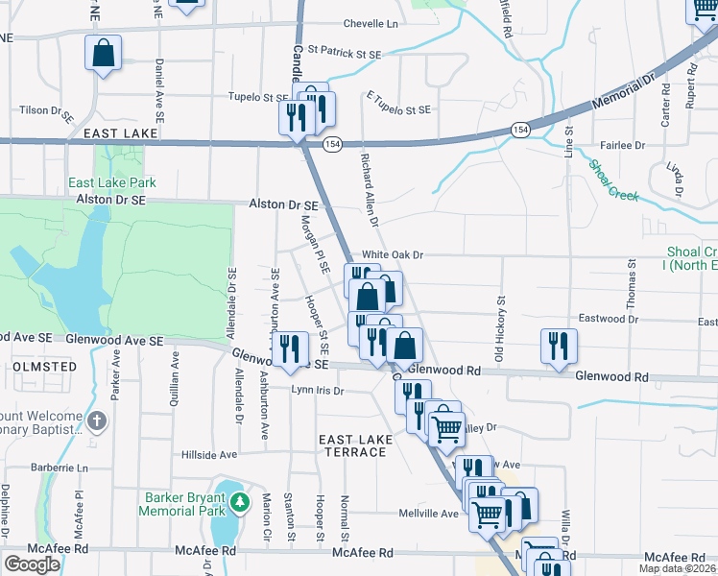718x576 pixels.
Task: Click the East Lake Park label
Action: point(111,182)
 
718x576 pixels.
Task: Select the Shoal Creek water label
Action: point(614,180)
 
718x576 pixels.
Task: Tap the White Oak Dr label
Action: point(392,255)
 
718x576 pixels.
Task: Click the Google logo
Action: point(32,564)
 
